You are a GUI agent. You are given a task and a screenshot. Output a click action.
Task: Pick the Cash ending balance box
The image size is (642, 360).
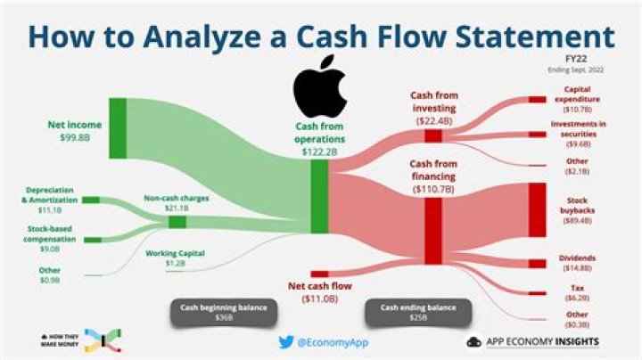point(412,313)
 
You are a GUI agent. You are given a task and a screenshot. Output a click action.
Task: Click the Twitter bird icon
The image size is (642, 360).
point(284,341)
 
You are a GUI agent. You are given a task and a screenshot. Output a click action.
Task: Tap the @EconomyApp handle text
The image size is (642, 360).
point(326,341)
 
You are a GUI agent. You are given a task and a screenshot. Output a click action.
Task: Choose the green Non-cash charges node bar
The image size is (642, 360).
point(177,221)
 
